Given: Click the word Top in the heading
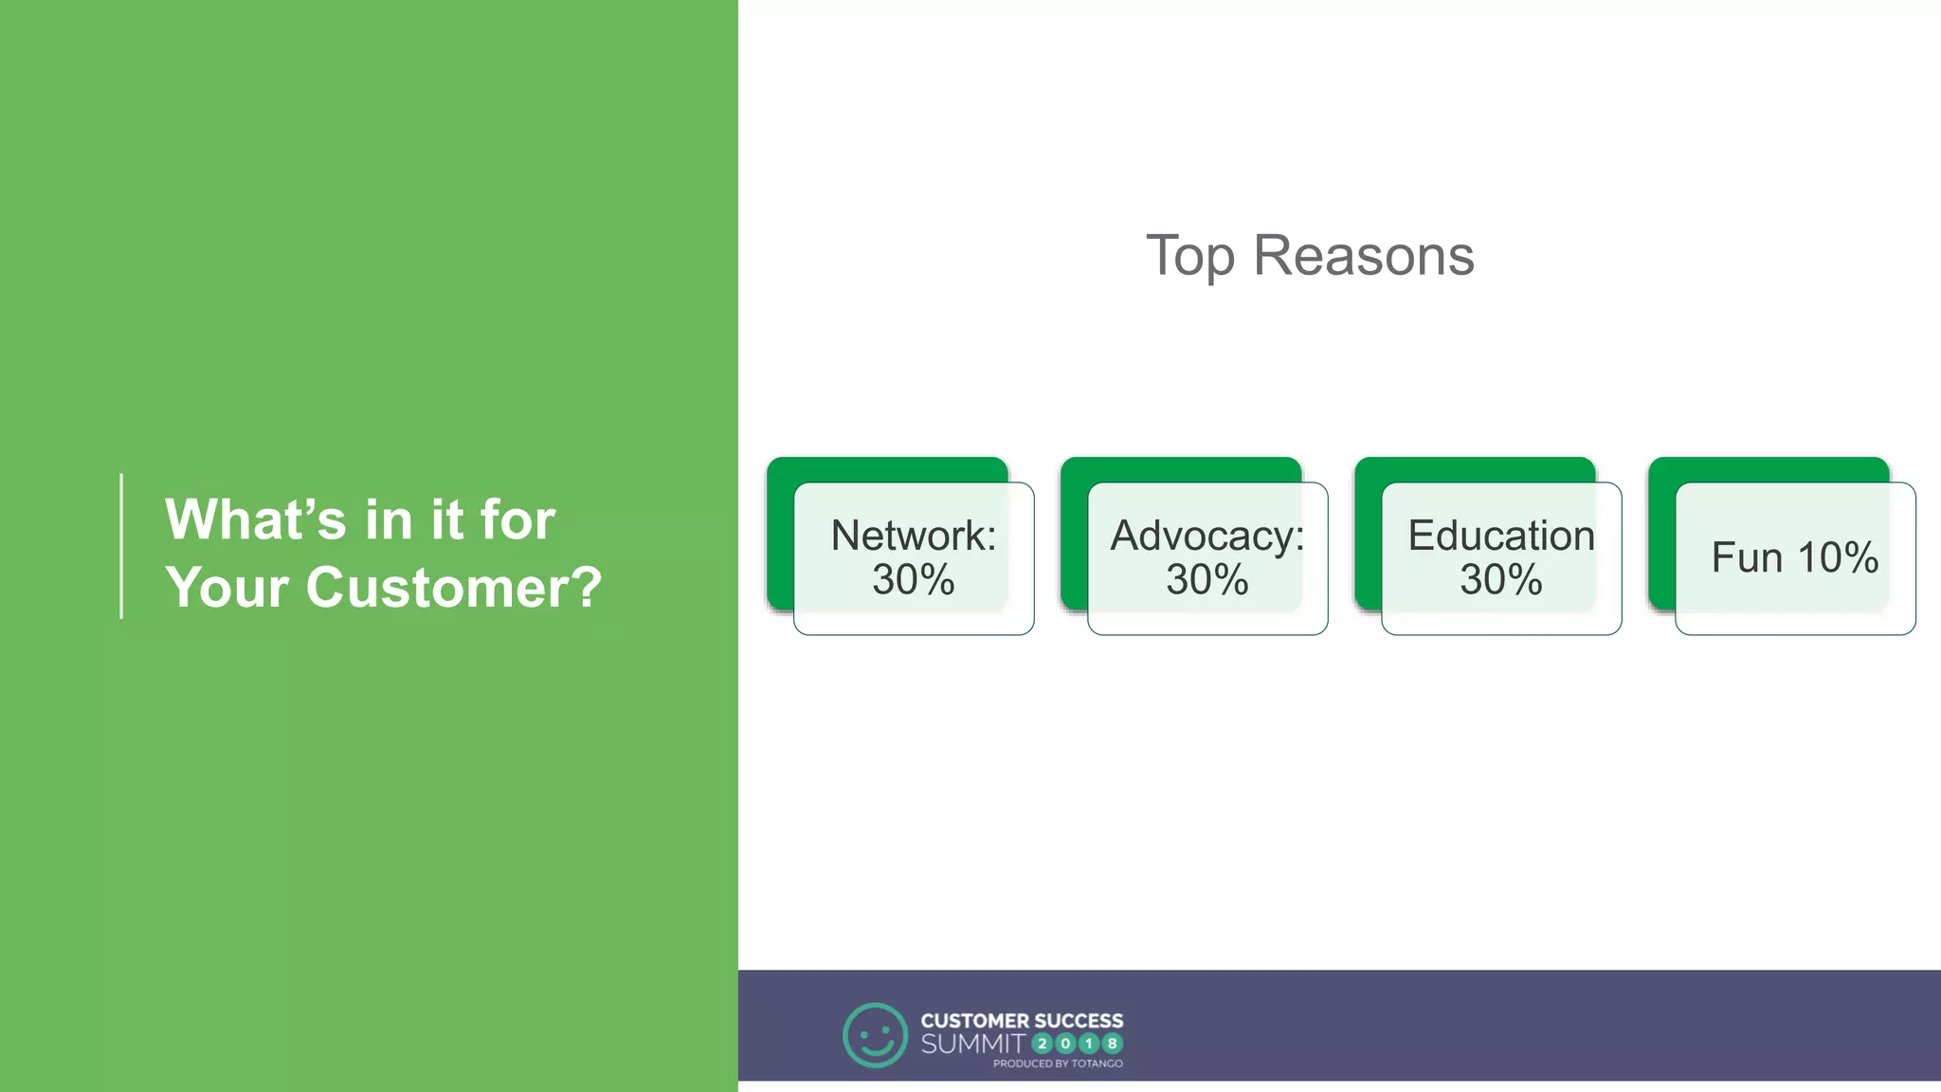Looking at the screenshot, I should pos(1189,256).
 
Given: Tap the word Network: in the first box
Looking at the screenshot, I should pos(914,536).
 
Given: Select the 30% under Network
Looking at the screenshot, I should pos(914,579).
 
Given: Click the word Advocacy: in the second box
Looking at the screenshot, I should pos(1207,536).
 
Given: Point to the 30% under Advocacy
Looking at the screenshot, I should pos(1207,579).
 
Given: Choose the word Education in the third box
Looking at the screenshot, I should pos(1501,536).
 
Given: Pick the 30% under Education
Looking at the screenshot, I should pos(1501,579).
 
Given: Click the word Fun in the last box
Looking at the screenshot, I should pos(1747,557).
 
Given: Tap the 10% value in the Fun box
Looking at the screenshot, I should pos(1838,557).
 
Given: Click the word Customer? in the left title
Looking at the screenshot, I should pos(453,588).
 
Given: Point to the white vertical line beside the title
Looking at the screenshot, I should pos(121,546).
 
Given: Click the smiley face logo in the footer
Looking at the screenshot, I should pos(875,1035).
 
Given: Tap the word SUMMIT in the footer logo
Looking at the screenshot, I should pos(972,1044).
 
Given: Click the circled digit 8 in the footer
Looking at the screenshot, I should pos(1112,1044).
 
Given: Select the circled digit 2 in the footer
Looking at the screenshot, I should pos(1042,1044).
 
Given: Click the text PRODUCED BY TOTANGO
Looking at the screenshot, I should pos(1058,1064).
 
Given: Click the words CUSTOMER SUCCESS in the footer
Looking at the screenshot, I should pos(1022,1021).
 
